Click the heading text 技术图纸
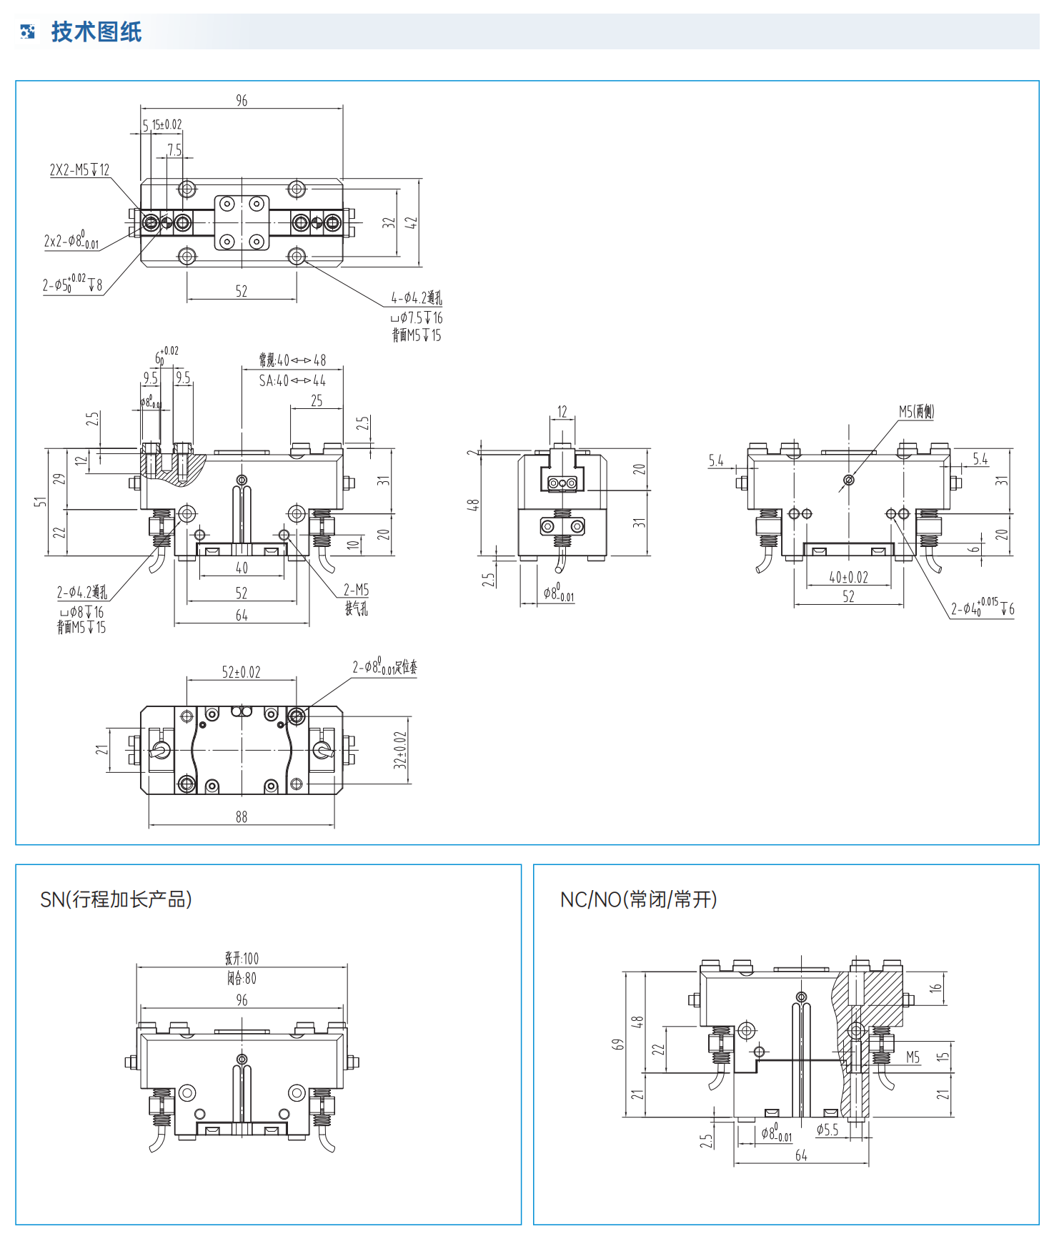(96, 32)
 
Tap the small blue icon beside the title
(28, 31)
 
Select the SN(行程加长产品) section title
(116, 899)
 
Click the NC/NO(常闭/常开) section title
(638, 899)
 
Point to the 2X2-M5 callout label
(79, 170)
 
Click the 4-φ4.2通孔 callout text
(416, 298)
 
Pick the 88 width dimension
(242, 816)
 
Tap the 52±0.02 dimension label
(241, 672)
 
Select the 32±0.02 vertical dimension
(400, 749)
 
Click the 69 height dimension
(618, 1045)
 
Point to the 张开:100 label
(242, 959)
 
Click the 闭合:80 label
(242, 978)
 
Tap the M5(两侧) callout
(916, 411)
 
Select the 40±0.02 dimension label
(848, 578)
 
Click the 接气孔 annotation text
(356, 609)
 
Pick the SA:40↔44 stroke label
(292, 381)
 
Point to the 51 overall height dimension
(40, 502)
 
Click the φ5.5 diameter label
(827, 1130)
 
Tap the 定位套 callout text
(406, 667)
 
